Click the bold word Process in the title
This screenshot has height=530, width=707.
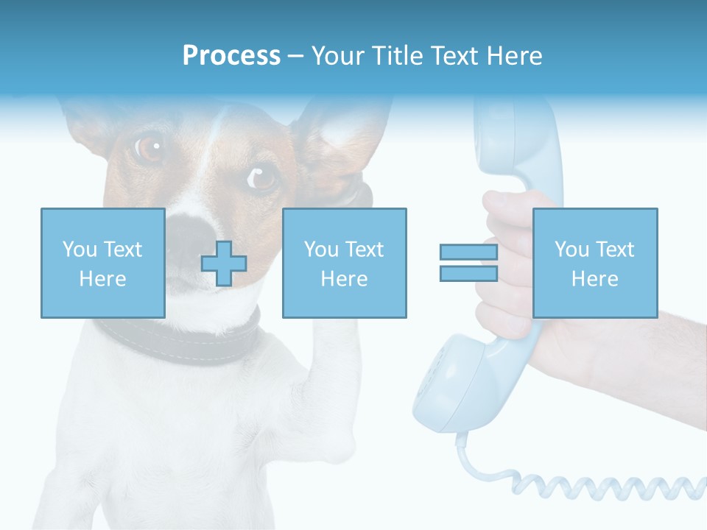231,56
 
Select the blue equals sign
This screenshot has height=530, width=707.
468,263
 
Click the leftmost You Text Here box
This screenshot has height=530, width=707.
102,263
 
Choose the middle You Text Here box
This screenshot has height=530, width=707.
344,263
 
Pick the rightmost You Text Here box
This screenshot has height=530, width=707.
594,263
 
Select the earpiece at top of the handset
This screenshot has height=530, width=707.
508,140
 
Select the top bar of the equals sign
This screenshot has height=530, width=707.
468,252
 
